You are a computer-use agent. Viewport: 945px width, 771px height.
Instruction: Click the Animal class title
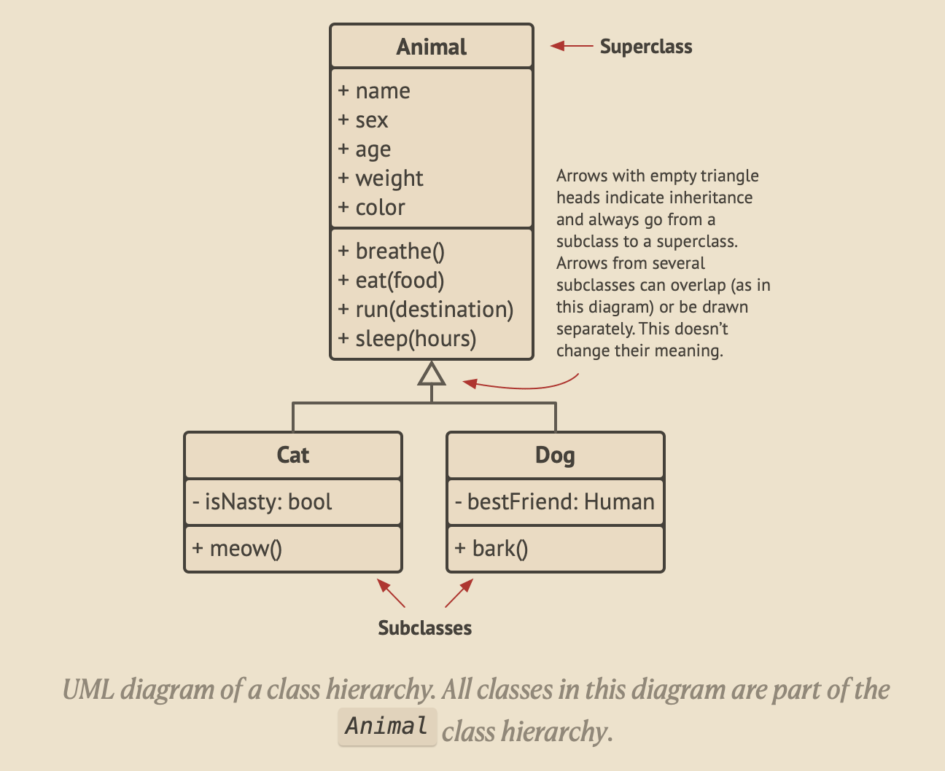pos(431,47)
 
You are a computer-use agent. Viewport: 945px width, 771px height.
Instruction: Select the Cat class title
pos(292,455)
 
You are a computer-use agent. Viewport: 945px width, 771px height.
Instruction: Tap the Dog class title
pos(555,455)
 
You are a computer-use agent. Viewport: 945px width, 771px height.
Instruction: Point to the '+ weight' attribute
pos(381,179)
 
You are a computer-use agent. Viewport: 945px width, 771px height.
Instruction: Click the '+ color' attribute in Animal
pos(372,208)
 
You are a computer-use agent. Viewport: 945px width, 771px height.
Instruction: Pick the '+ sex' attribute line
pos(363,120)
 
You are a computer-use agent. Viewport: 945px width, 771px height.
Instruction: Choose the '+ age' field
pos(365,149)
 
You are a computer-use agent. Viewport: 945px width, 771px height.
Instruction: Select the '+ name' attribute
pos(374,91)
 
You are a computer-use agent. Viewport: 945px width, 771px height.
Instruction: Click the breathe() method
pos(392,251)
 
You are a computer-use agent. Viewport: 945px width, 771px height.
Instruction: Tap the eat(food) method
pos(392,281)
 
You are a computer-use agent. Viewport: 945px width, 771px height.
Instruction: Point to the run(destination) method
pos(426,310)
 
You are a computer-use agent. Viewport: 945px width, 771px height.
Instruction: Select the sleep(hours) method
pos(408,339)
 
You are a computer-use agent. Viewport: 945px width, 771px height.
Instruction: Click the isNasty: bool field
pos(262,502)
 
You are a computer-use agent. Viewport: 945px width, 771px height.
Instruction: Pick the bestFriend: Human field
pos(554,502)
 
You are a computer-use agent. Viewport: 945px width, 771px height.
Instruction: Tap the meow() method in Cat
pos(238,549)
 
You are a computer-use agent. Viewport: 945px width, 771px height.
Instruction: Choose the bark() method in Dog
pos(491,549)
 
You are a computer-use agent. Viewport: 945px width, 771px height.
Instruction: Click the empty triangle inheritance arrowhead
pos(432,375)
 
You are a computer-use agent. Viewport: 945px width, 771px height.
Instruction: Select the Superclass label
pos(646,47)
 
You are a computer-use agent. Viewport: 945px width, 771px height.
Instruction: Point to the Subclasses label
pos(424,628)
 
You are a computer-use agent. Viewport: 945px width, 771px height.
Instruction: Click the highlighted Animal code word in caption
pos(386,727)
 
